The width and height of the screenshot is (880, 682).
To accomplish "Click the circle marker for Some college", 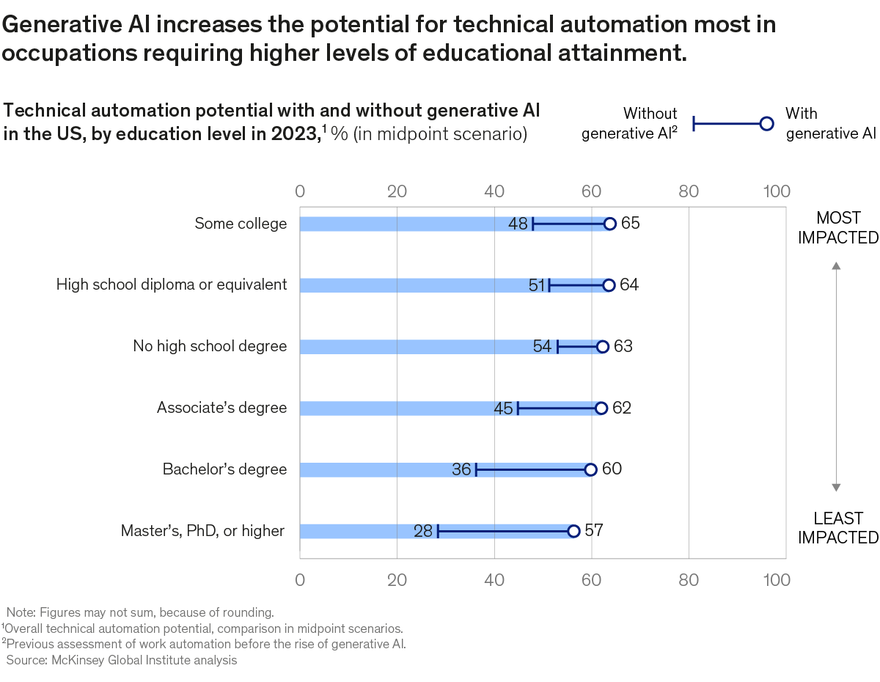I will click(x=609, y=224).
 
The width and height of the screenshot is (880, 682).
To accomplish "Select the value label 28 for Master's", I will click(x=423, y=531).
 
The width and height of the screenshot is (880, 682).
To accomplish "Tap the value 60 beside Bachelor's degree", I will click(x=612, y=469).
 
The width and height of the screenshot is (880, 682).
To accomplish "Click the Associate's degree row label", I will click(x=221, y=408).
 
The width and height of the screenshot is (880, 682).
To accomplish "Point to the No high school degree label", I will click(x=210, y=346).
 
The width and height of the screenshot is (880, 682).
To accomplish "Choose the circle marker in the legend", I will click(x=766, y=124).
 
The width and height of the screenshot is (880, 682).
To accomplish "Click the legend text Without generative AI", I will click(x=629, y=124).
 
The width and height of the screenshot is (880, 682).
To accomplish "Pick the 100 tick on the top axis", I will click(x=776, y=192).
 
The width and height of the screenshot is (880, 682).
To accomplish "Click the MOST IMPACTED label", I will click(x=837, y=227).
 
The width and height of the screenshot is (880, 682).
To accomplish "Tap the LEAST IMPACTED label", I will click(x=837, y=528).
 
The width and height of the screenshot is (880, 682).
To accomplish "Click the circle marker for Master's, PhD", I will click(x=573, y=531).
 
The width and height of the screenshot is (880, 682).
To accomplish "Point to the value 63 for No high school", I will click(x=623, y=347).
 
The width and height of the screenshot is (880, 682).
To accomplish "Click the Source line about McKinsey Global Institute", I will click(x=122, y=661).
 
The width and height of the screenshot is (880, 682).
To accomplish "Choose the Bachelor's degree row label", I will click(x=224, y=469).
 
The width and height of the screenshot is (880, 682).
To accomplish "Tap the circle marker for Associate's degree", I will click(x=601, y=408).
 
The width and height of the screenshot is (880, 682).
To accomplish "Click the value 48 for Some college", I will click(x=518, y=224).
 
